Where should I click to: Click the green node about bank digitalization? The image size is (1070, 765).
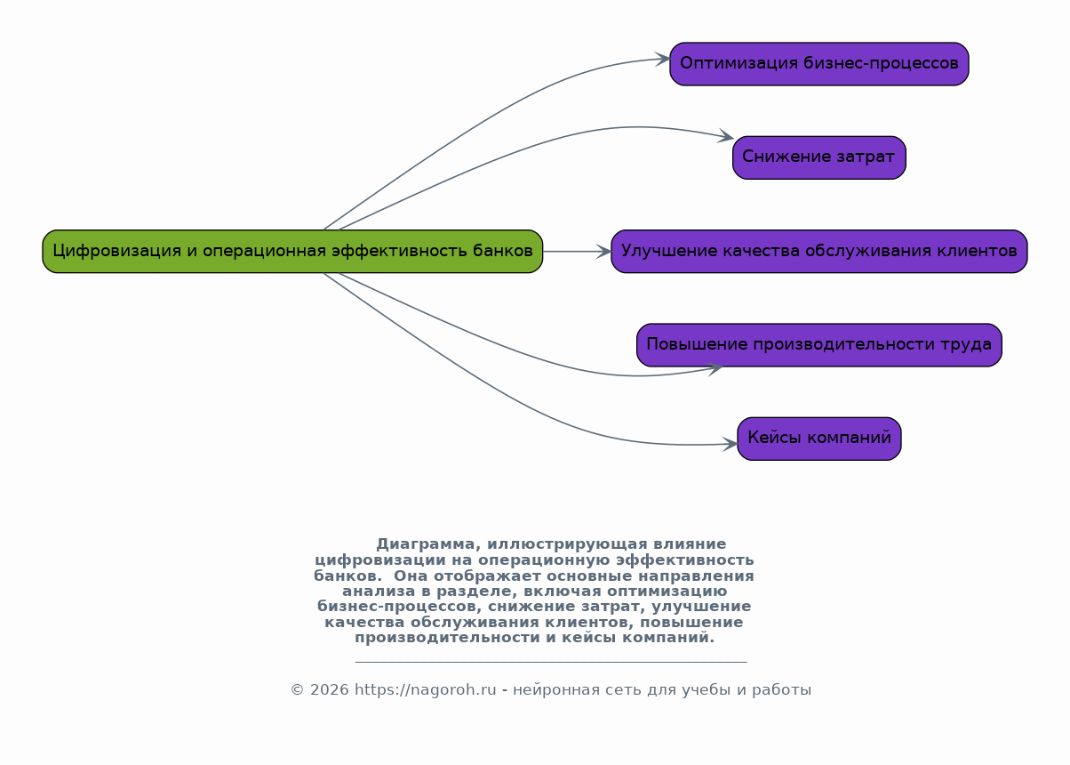pyautogui.click(x=292, y=251)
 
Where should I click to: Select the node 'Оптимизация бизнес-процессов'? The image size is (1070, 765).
pyautogui.click(x=818, y=64)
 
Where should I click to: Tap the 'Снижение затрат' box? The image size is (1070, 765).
pyautogui.click(x=818, y=157)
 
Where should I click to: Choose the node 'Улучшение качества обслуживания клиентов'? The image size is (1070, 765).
pyautogui.click(x=818, y=251)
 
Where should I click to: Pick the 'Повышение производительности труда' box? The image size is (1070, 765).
pyautogui.click(x=818, y=345)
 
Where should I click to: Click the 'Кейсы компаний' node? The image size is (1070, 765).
pyautogui.click(x=818, y=439)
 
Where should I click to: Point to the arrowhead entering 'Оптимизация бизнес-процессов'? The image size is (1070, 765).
pyautogui.click(x=663, y=60)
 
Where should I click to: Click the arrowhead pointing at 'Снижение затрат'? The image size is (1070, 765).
pyautogui.click(x=726, y=137)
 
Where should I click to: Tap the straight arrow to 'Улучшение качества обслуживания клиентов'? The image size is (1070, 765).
pyautogui.click(x=578, y=251)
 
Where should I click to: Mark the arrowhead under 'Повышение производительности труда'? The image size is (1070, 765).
pyautogui.click(x=714, y=368)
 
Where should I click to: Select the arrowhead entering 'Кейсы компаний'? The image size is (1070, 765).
pyautogui.click(x=731, y=443)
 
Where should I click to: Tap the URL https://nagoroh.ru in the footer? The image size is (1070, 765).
pyautogui.click(x=425, y=690)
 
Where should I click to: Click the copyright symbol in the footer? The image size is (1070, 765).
pyautogui.click(x=298, y=690)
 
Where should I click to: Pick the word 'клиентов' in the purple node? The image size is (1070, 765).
pyautogui.click(x=982, y=251)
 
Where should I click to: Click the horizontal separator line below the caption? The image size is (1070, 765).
pyautogui.click(x=550, y=662)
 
